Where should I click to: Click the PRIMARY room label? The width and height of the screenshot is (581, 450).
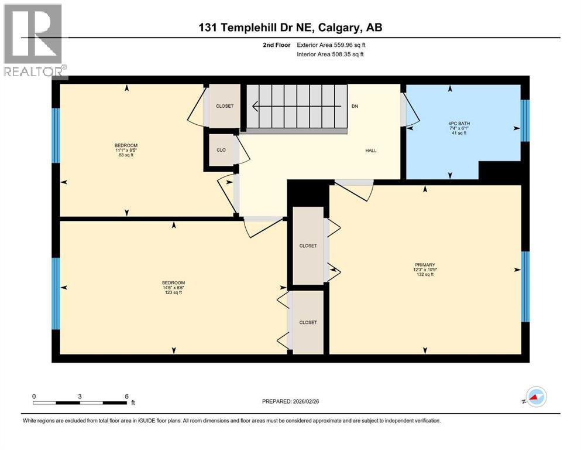click(425, 264)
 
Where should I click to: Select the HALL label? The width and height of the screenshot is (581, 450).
click(371, 151)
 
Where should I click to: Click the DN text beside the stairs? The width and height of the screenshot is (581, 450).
click(355, 107)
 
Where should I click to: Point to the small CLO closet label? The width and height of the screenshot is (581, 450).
click(221, 150)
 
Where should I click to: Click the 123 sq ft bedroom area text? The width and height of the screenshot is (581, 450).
click(173, 292)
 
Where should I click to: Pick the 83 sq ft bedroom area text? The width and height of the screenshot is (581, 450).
click(126, 155)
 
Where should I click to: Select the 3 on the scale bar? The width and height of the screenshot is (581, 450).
click(80, 396)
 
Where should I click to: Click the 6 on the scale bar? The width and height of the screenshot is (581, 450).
click(126, 396)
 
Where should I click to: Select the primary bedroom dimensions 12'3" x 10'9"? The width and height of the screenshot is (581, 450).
click(425, 270)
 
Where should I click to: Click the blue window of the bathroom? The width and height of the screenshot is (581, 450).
click(525, 120)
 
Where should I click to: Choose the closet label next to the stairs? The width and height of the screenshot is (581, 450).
click(225, 106)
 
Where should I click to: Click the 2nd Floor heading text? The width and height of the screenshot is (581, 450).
click(276, 45)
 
